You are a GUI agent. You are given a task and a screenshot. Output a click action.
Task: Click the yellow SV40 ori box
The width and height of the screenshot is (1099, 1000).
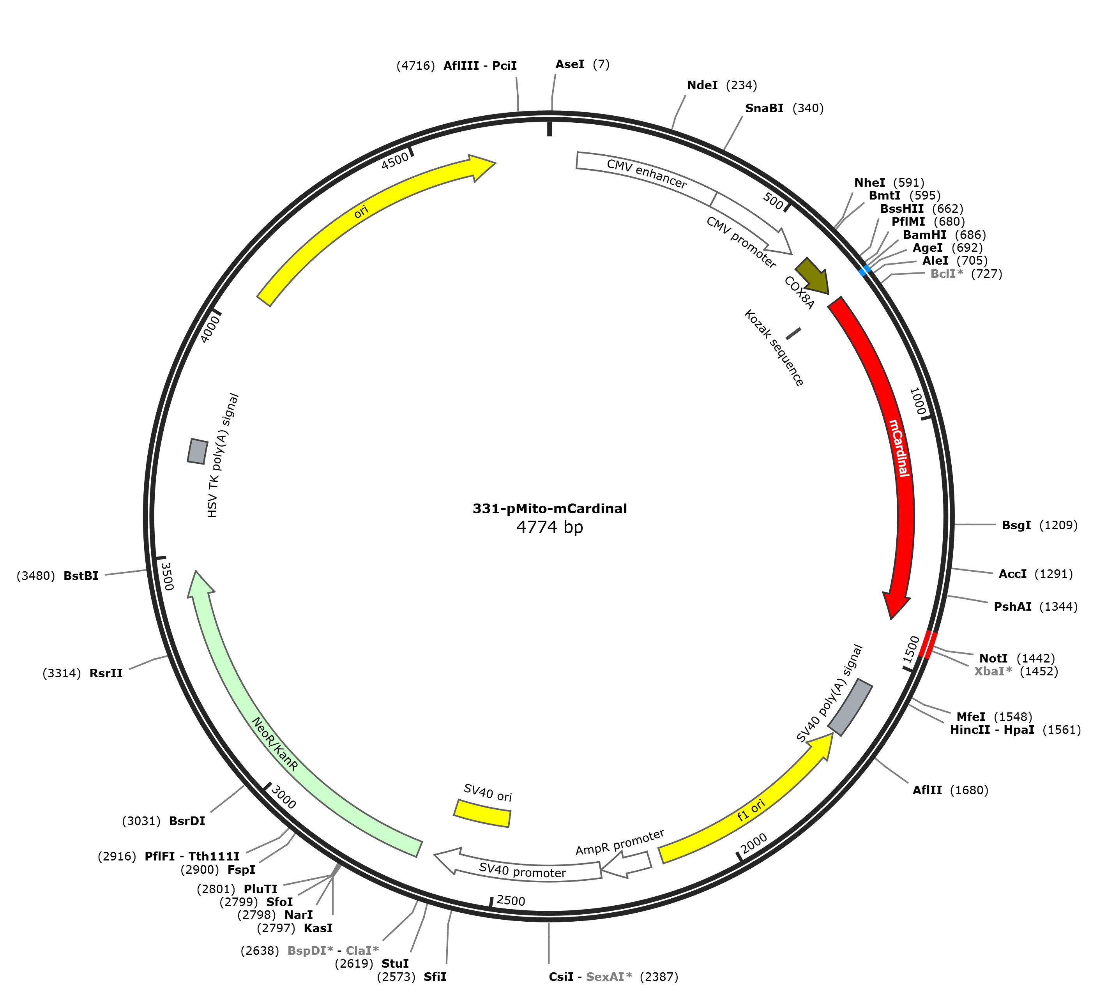482,813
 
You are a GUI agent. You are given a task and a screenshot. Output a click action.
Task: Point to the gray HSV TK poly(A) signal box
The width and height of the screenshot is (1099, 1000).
197,451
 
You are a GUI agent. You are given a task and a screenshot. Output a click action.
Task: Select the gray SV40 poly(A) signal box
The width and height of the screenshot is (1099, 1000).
850,707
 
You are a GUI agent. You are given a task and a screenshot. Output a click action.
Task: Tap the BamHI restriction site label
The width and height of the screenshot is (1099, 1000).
924,235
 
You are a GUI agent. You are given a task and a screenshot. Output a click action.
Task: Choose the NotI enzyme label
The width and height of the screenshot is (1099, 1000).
993,659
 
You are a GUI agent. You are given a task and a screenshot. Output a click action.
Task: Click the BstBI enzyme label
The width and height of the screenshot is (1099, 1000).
81,576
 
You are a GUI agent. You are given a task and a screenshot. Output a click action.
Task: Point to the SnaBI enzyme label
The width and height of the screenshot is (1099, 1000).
764,108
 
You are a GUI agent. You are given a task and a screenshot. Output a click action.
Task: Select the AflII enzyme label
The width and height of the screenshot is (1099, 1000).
927,790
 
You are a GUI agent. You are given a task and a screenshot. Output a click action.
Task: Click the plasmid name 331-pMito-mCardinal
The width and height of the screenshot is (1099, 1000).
549,509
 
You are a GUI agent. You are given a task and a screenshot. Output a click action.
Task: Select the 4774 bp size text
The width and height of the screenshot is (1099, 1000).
549,527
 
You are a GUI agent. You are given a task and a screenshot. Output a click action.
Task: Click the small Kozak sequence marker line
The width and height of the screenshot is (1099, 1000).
793,333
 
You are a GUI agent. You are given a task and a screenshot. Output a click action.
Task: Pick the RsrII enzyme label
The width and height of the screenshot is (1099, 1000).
106,673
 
